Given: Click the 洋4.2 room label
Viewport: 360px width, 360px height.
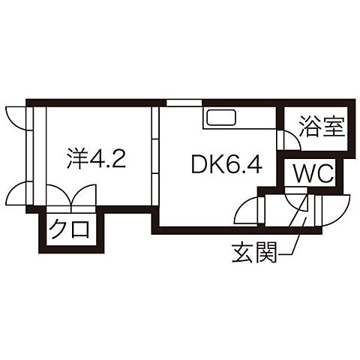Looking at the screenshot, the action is coord(96,158).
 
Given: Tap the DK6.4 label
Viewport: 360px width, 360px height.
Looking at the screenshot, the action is coord(226,164).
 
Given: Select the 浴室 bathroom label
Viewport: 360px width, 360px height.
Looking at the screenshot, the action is coord(322,127).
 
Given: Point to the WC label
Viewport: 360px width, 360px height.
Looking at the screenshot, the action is coord(313,174).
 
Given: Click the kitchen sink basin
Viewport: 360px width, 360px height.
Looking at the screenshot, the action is coord(220,117).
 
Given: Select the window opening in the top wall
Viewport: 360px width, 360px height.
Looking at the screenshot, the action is coord(184,103).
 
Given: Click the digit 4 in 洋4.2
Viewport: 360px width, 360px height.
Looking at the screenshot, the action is coord(97,159).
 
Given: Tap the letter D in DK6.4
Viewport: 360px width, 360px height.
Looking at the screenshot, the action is coord(199,164).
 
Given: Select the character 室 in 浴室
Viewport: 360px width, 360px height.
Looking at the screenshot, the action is coord(334,127).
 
